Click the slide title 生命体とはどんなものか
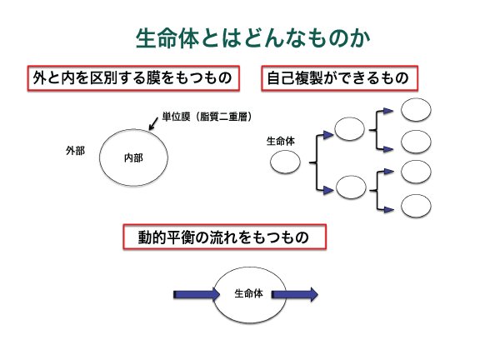[x=252, y=38]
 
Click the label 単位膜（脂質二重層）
[x=207, y=117]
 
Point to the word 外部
[x=75, y=151]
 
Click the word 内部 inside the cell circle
[x=133, y=158]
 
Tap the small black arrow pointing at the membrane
[x=152, y=123]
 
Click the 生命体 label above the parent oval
[x=280, y=141]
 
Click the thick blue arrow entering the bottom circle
[x=197, y=294]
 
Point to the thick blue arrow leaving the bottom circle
[x=295, y=294]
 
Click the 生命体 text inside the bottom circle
[x=248, y=293]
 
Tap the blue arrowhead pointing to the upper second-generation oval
[x=328, y=135]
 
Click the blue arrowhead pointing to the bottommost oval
[x=389, y=210]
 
